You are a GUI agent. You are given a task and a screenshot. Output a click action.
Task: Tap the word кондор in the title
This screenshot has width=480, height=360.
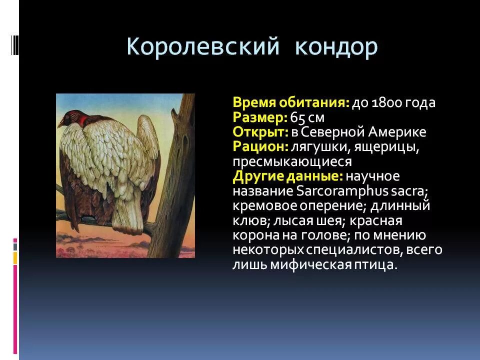click(335, 47)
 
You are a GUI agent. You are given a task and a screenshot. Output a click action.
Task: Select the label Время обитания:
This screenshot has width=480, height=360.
click(291, 103)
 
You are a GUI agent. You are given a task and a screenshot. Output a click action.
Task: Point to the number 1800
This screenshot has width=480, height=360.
click(386, 103)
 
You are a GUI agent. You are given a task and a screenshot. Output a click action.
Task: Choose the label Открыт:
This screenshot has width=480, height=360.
click(260, 132)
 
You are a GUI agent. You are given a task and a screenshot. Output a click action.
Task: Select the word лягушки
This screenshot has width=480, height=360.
click(316, 147)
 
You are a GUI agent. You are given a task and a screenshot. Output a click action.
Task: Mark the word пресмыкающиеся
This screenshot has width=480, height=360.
click(292, 162)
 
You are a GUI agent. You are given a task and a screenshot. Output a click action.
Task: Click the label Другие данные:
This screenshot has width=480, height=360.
click(287, 176)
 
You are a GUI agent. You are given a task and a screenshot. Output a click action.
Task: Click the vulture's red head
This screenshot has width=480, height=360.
click(75, 118)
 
